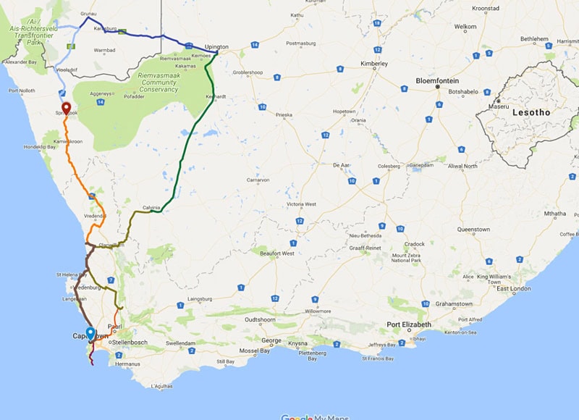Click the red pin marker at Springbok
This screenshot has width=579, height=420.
(66, 109)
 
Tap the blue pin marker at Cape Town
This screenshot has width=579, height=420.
(90, 334)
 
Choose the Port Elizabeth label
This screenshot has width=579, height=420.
(409, 324)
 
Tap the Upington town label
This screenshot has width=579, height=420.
(216, 46)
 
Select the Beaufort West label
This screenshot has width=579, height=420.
(277, 253)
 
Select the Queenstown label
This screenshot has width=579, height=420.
(473, 230)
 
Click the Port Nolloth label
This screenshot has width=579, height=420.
(21, 91)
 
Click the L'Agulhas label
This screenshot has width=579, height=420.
(161, 388)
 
